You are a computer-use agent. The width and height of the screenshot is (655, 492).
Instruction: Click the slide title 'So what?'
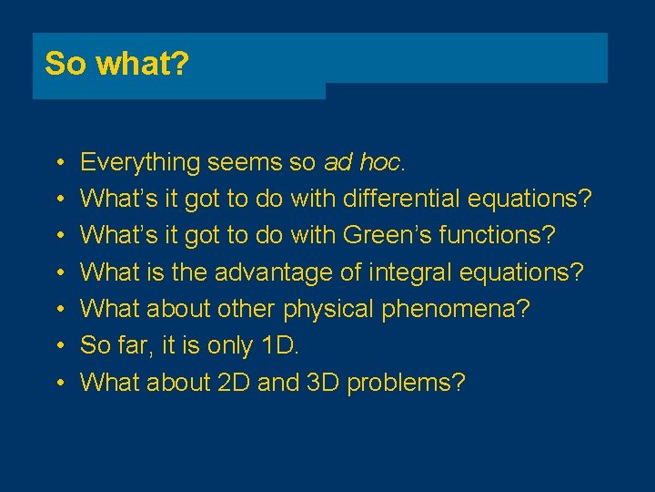point(116,64)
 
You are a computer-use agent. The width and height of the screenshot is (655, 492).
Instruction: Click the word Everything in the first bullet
point(140,163)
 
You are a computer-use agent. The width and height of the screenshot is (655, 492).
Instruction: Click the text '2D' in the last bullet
point(236,382)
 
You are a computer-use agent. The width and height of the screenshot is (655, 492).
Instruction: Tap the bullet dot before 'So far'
point(57,346)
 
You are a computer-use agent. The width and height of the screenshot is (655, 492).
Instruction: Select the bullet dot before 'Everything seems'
point(57,164)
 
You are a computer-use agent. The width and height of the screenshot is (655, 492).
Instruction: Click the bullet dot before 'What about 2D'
point(57,383)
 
